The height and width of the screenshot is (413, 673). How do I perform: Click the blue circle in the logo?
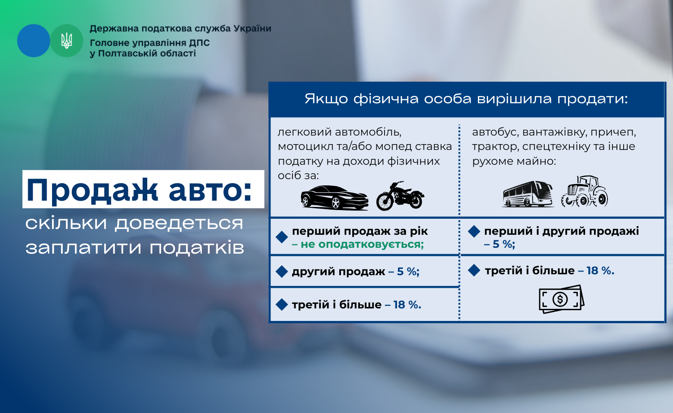(x=33, y=40)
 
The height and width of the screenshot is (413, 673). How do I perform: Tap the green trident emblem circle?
(x=66, y=40)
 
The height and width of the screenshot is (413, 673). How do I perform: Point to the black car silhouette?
(x=334, y=197)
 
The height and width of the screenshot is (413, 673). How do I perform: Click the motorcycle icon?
(x=400, y=196)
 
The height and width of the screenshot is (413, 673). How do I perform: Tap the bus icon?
(x=528, y=194)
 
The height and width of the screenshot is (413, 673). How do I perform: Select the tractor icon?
(x=584, y=192)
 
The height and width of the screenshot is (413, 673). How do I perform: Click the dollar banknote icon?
(x=561, y=299)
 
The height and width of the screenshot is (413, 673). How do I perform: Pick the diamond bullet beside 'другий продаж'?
(x=282, y=272)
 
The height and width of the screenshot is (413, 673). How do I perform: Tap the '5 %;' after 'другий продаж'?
(x=408, y=272)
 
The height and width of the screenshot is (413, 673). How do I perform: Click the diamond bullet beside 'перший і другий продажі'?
(x=474, y=232)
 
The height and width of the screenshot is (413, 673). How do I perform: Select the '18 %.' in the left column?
(x=407, y=305)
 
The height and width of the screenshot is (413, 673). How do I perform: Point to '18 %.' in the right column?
(x=600, y=271)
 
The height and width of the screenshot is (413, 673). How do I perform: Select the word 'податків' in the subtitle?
(x=197, y=248)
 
